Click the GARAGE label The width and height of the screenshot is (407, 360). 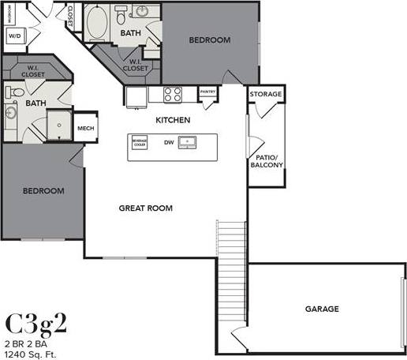pyautogui.click(x=322, y=309)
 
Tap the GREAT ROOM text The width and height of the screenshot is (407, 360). pyautogui.click(x=146, y=208)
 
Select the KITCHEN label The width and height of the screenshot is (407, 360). pyautogui.click(x=172, y=121)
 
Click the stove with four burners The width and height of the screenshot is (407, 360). pyautogui.click(x=173, y=95)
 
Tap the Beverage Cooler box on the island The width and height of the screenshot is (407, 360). pyautogui.click(x=140, y=143)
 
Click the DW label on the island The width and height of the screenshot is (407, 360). pyautogui.click(x=168, y=143)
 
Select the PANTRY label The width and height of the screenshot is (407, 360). pyautogui.click(x=207, y=92)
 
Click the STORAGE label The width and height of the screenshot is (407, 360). pyautogui.click(x=266, y=95)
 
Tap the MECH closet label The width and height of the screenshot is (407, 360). pyautogui.click(x=85, y=128)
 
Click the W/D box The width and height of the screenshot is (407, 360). pyautogui.click(x=15, y=36)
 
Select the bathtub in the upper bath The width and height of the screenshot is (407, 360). pyautogui.click(x=98, y=24)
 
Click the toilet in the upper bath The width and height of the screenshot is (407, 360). pyautogui.click(x=121, y=15)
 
